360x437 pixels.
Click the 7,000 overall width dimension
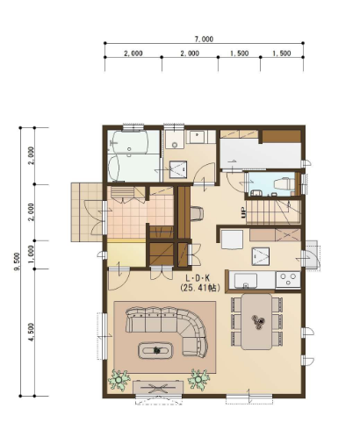tap(204, 39)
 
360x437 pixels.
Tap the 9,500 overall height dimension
tap(17, 261)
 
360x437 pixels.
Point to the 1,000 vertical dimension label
tap(31, 254)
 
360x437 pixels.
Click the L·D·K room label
tap(198, 277)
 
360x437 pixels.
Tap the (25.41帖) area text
tap(200, 288)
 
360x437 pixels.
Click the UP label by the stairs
tap(243, 212)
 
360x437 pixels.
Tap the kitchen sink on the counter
tap(246, 281)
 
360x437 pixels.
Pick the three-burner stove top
tap(288, 280)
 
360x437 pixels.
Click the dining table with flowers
tap(256, 321)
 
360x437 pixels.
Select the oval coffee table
tap(155, 350)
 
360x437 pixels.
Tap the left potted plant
tap(119, 380)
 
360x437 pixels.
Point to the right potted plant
tap(198, 379)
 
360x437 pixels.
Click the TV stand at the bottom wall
tap(158, 388)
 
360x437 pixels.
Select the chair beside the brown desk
tap(197, 213)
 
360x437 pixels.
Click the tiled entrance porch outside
tap(87, 212)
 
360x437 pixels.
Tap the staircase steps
tap(273, 211)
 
